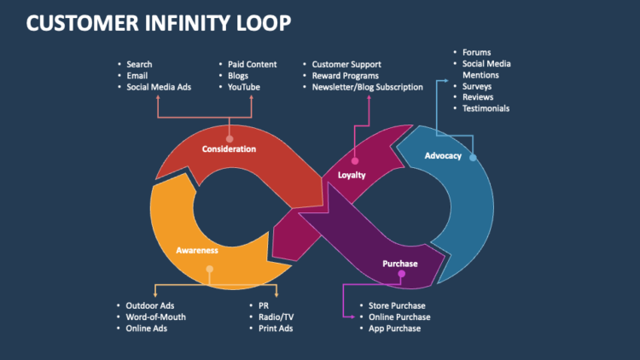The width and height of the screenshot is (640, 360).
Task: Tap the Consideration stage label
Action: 229,149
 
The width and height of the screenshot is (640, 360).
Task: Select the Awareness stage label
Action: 197,250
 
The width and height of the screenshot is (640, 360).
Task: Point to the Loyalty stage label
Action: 352,175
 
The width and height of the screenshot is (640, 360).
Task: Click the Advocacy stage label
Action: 442,155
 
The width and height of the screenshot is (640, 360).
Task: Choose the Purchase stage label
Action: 400,264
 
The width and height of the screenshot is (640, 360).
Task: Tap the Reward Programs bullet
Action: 346,75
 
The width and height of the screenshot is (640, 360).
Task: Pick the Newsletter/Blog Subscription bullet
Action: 367,86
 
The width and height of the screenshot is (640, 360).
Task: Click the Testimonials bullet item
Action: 486,108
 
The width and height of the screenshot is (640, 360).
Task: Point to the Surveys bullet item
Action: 477,86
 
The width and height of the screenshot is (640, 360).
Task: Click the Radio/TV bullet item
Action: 276,316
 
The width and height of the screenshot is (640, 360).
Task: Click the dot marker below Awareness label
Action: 208,270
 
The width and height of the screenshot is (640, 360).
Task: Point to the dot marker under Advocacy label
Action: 473,158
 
